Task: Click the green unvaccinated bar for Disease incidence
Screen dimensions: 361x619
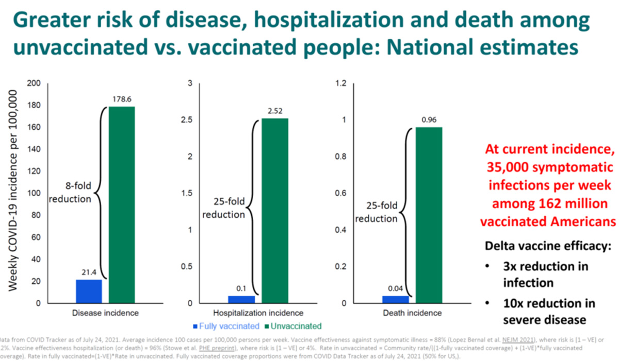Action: tap(122, 205)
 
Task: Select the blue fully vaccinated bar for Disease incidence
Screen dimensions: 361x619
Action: tap(89, 291)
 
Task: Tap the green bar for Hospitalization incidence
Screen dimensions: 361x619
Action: tap(274, 211)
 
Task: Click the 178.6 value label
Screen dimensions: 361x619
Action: tap(122, 99)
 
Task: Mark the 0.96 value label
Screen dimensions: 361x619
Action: tap(429, 120)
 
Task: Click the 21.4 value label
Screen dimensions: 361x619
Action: tap(89, 272)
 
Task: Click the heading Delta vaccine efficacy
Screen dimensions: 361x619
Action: tap(548, 246)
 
